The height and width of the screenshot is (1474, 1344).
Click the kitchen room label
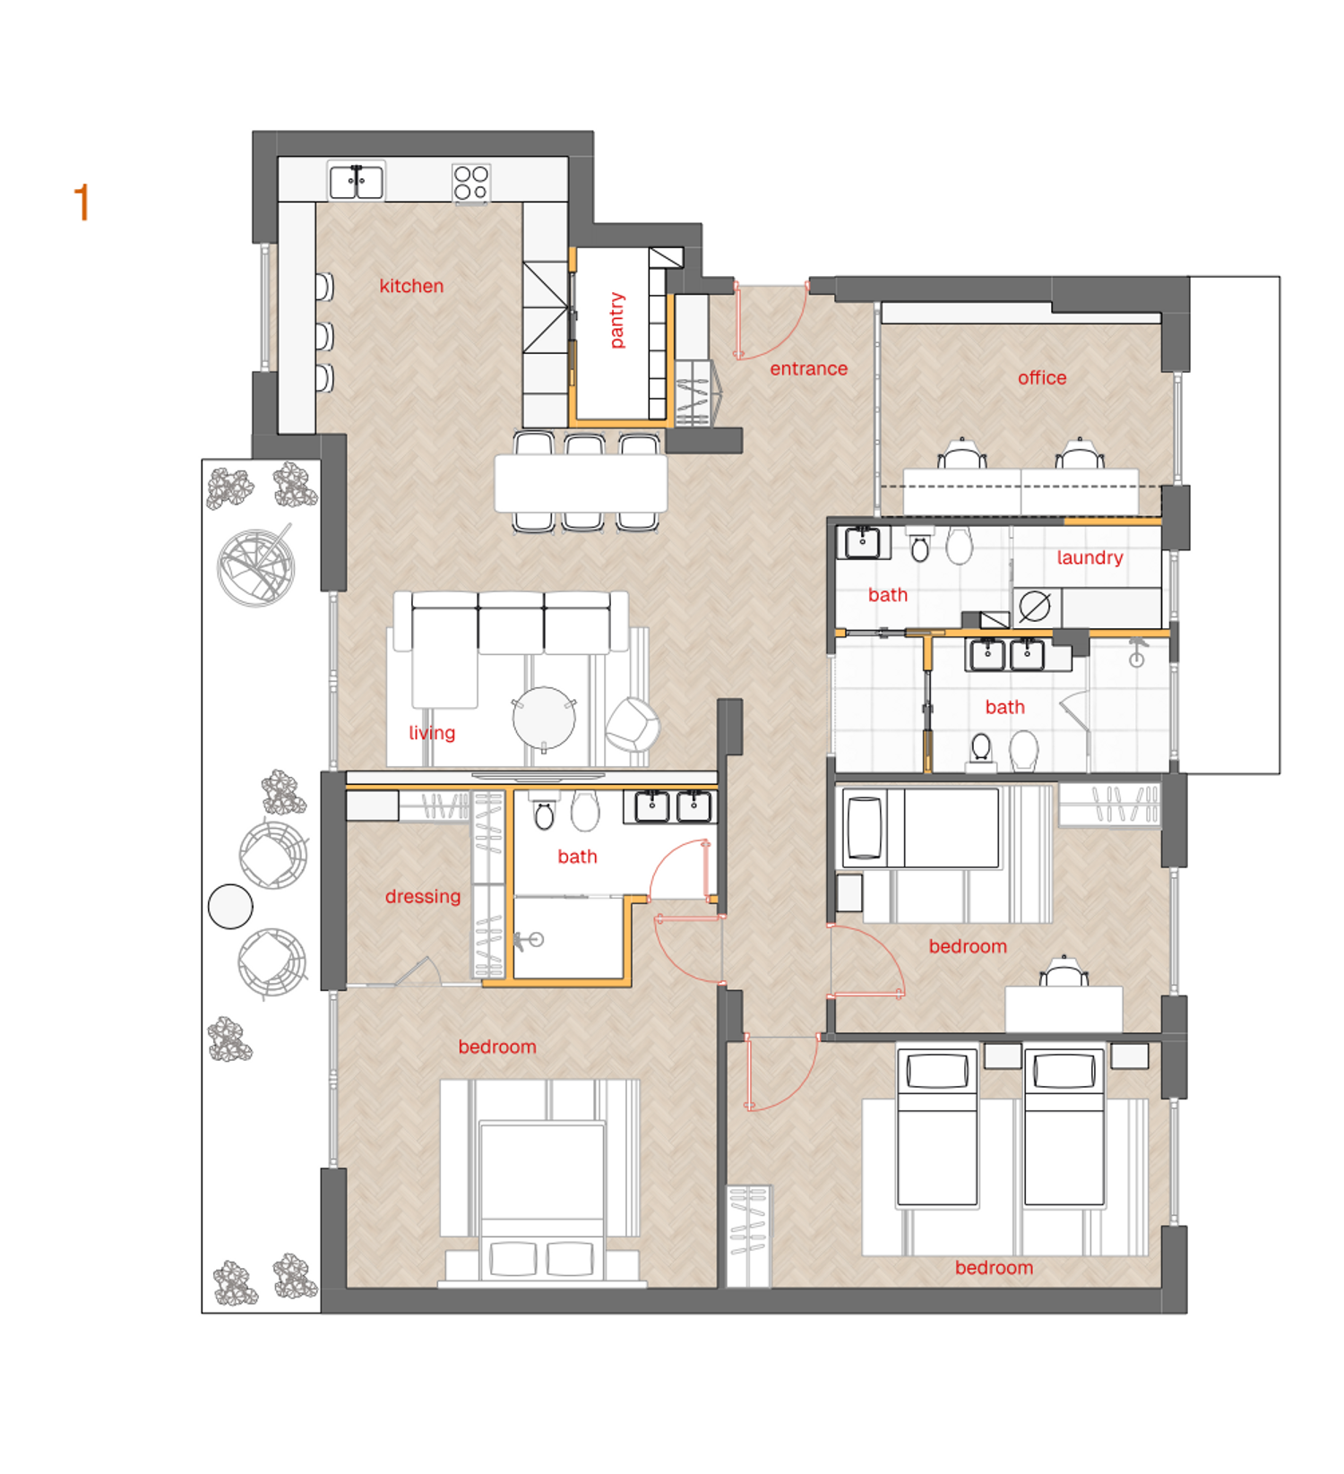pos(411,286)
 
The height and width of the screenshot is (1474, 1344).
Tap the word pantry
pos(616,320)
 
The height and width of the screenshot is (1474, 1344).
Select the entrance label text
pos(808,368)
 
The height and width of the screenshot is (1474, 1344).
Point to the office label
pos(1042,378)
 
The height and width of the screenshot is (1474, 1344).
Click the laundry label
pos(1090,557)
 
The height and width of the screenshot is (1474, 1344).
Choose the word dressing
pos(423,897)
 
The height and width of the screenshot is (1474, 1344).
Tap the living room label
pos(432,733)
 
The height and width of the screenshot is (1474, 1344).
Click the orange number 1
pos(82,203)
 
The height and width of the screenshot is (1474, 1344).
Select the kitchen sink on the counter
pos(357,182)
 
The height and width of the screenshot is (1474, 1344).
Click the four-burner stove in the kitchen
pos(471,183)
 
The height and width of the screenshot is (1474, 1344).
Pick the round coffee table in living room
pos(544,718)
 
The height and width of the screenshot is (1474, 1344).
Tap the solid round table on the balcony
pos(230,907)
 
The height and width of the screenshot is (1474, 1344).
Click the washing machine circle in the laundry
pos(1035,607)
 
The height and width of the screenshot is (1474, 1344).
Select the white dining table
pos(581,483)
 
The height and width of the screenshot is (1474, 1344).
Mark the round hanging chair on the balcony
pos(256,567)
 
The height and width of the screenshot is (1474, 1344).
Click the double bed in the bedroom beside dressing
pos(542,1201)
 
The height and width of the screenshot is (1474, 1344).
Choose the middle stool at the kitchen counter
pos(324,337)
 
